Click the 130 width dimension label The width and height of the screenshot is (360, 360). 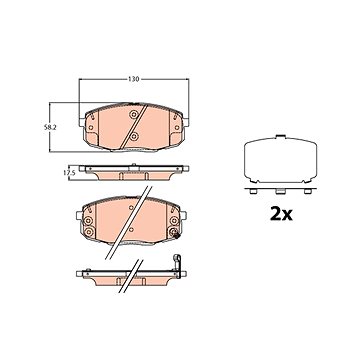133,79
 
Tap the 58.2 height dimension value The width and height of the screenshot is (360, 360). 49,127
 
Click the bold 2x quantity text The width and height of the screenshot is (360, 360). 281,214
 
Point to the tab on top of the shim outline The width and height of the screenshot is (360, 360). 280,136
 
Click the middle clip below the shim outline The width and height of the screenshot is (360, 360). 280,191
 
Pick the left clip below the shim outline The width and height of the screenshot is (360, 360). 253,191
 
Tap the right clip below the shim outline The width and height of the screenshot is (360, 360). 307,191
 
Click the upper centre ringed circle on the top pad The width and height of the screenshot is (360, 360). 134,115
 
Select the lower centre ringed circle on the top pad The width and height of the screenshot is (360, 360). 134,136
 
